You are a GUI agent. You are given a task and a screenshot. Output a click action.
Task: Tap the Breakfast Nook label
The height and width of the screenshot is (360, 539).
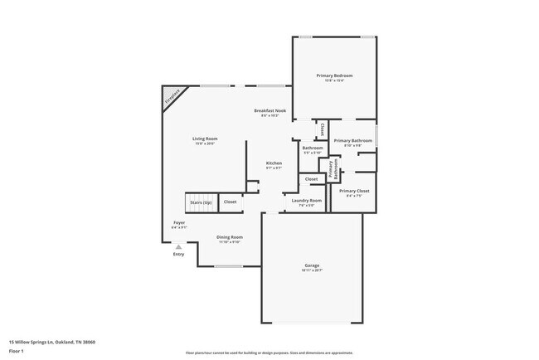point(269,110)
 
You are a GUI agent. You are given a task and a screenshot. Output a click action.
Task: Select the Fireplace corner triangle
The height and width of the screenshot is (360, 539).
point(170,95)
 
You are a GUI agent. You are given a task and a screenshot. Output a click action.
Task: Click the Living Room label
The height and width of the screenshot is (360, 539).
point(204,139)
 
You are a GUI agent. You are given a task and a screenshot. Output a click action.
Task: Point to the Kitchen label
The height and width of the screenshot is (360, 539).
point(274,163)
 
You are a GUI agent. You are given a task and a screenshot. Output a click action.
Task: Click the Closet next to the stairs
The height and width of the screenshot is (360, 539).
point(230,202)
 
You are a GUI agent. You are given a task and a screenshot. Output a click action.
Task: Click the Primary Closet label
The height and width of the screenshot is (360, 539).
point(354,191)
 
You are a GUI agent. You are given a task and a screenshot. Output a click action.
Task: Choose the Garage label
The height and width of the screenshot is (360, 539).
point(311,265)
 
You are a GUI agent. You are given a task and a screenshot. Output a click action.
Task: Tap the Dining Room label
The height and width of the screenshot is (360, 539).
point(230,237)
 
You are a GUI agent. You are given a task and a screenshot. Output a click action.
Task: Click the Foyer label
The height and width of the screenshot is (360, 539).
point(179,222)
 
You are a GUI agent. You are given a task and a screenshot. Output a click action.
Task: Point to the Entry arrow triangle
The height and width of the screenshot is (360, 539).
point(177,246)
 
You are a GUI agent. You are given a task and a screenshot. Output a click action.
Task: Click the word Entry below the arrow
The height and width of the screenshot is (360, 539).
point(179,254)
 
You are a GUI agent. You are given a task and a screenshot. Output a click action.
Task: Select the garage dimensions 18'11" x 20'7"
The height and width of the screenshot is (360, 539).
point(311,271)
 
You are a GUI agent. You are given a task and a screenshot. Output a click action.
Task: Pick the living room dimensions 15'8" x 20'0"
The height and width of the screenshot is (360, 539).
point(204,144)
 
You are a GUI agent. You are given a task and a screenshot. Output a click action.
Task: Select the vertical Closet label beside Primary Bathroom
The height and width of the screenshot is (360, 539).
point(322,130)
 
